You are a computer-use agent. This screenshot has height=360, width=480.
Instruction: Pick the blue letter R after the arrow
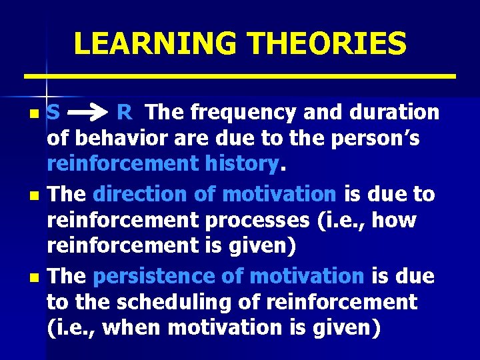(124, 113)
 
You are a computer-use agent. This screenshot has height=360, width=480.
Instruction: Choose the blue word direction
(142, 194)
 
